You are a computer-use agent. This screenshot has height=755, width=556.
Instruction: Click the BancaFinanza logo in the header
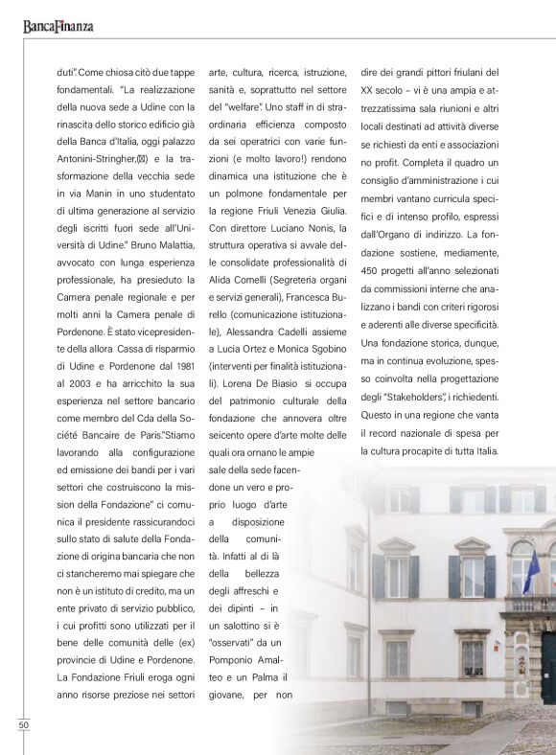coord(58,26)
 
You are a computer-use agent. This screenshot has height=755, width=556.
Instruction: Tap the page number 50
coord(23,724)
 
